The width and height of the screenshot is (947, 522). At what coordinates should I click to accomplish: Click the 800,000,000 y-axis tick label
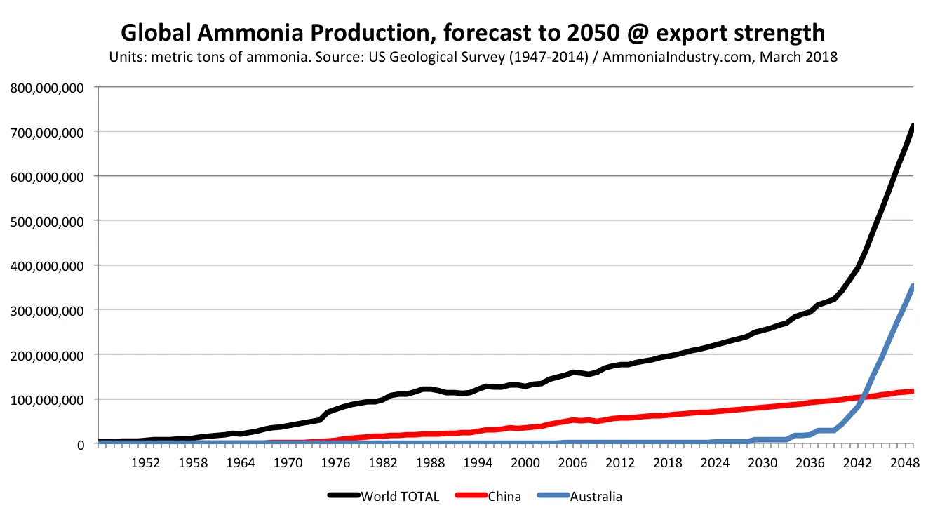(x=46, y=88)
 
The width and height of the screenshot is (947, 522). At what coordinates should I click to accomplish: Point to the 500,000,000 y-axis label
(x=46, y=221)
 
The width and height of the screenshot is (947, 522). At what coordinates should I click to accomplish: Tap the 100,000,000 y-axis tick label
(x=46, y=399)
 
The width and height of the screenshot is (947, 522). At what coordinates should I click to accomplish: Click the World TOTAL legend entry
(x=400, y=497)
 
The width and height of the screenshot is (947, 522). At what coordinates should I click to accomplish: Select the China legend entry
(x=504, y=497)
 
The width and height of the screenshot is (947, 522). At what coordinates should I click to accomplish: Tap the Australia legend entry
(x=596, y=497)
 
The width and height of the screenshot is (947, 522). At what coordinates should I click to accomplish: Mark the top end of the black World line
(x=913, y=126)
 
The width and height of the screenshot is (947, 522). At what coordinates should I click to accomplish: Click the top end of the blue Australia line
(x=913, y=286)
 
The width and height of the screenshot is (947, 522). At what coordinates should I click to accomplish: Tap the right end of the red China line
(x=913, y=391)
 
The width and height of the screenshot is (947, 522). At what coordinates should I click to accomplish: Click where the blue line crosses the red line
(x=865, y=397)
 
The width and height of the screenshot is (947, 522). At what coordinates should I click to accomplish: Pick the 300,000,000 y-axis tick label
(x=46, y=310)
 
